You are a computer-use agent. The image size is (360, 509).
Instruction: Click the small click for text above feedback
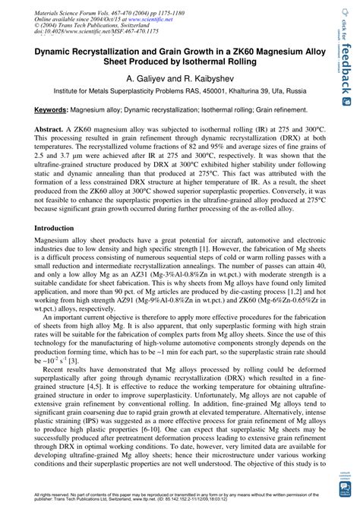pyautogui.click(x=346, y=19)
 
